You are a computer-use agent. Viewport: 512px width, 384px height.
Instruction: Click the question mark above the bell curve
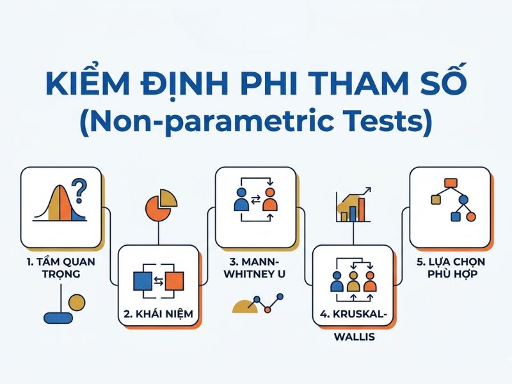point(79,189)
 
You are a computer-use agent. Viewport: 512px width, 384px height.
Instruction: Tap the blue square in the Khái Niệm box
point(143,280)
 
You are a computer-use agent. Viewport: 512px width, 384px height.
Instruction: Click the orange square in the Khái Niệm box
point(173,280)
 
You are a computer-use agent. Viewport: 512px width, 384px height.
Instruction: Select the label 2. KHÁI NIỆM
point(158,314)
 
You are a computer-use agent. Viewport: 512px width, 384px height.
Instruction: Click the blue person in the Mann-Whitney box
point(241,200)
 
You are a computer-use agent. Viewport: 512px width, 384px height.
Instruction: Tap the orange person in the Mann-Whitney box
point(269,200)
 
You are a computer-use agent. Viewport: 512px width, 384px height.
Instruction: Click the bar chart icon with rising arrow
point(353,205)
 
